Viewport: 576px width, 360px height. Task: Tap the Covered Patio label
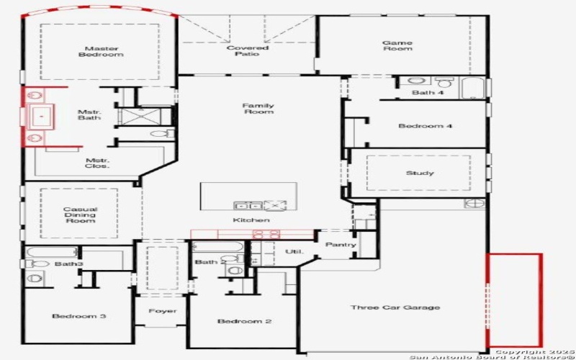click(247, 51)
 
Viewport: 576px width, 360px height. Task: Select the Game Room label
click(397, 45)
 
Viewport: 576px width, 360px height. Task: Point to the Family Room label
click(258, 109)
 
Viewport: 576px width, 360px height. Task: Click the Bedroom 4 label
click(425, 126)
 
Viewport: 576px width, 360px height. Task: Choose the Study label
click(420, 173)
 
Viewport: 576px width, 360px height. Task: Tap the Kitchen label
click(251, 220)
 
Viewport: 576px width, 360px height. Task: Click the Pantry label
click(341, 245)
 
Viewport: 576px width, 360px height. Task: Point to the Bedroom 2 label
click(244, 320)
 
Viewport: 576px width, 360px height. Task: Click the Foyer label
click(162, 311)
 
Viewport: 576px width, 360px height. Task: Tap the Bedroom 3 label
click(79, 316)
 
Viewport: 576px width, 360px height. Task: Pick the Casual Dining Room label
click(79, 215)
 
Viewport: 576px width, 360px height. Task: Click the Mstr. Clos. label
click(97, 163)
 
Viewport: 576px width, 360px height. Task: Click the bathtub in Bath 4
click(473, 88)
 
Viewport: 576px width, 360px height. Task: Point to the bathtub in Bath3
click(52, 253)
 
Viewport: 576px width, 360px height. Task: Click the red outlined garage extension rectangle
click(514, 300)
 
